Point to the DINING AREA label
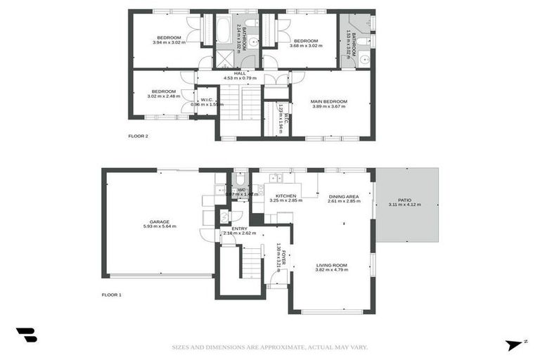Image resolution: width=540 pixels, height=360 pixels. coord(343,196)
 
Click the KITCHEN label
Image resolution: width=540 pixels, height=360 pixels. coord(285,195)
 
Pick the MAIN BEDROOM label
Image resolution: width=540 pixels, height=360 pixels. coord(329,101)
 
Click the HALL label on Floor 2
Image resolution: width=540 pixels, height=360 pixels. coord(240,73)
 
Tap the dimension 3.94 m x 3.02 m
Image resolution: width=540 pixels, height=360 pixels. coord(169,42)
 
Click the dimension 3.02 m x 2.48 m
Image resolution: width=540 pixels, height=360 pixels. coord(163,96)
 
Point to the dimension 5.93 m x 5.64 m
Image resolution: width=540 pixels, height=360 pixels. coord(160,226)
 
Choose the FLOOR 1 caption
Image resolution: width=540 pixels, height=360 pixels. coord(111,295)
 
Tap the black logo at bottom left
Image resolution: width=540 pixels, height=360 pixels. coord(26,335)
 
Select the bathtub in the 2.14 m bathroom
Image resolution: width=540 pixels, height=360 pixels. coord(224,30)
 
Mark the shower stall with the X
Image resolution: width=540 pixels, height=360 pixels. coord(225,58)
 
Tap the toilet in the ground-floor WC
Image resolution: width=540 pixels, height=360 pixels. coord(239,179)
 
